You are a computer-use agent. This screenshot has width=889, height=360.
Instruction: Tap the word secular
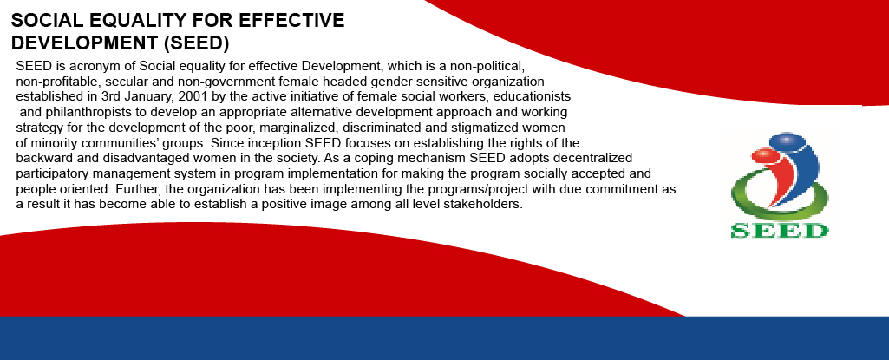pyautogui.click(x=128, y=82)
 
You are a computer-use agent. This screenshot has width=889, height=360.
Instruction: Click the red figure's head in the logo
pyautogui.click(x=764, y=154)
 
